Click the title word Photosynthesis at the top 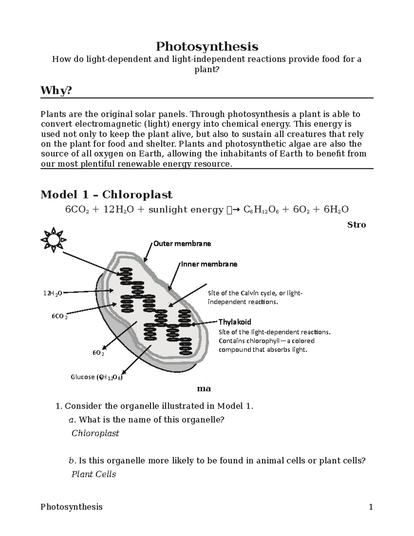(207, 46)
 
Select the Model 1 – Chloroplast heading (106, 195)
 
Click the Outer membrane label (182, 244)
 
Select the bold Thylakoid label (235, 322)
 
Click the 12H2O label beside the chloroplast (52, 293)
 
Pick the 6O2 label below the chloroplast (98, 353)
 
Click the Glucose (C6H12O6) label (97, 377)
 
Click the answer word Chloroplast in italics (95, 433)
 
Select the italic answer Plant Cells (93, 474)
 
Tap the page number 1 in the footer (371, 507)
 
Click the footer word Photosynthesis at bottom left (71, 507)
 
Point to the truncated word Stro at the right (356, 225)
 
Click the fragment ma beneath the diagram (204, 389)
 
